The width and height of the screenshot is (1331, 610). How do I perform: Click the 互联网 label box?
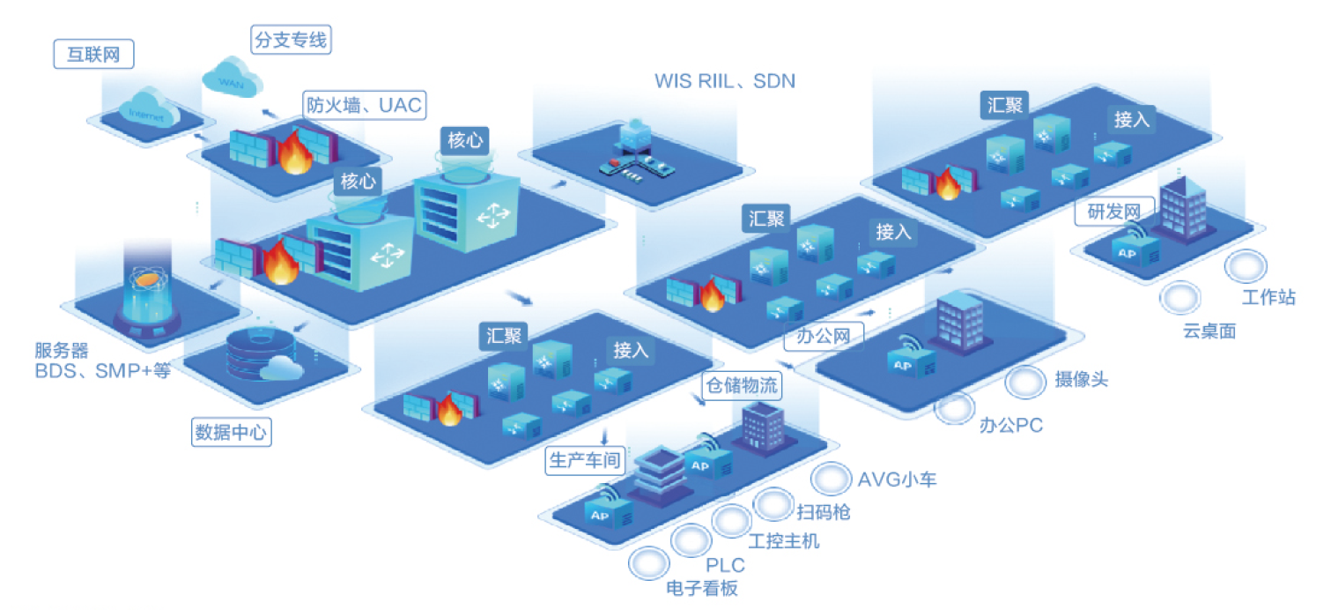93,55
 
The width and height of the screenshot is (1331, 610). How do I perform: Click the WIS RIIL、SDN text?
724,81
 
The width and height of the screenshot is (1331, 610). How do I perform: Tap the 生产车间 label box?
584,461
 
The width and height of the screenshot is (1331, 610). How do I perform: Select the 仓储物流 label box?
742,385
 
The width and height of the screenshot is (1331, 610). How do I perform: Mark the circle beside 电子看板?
647,562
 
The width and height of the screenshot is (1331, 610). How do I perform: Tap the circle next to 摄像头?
1024,383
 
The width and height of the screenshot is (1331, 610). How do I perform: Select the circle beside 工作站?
1246,265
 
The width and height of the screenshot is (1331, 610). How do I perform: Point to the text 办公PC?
1010,426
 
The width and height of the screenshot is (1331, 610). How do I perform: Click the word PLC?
725,565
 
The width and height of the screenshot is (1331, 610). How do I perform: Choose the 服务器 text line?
62,352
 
